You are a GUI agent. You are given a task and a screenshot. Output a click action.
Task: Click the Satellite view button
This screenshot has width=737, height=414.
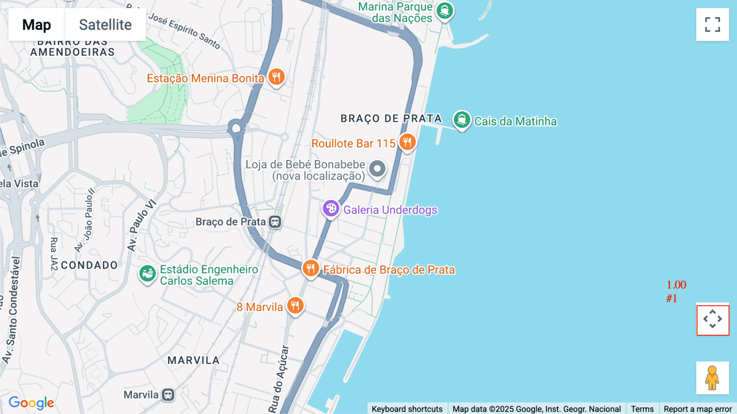pos(105,25)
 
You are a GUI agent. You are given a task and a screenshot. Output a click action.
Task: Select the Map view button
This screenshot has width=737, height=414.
pos(36,25)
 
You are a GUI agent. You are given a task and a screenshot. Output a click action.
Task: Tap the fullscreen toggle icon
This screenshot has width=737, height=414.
pos(712,25)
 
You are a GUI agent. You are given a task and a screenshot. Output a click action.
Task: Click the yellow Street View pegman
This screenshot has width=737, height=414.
pos(712,378)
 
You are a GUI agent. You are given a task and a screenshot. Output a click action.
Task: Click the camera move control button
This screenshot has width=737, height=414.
pos(712,319)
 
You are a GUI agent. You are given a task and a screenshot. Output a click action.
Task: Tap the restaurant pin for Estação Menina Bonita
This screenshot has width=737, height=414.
pos(276,77)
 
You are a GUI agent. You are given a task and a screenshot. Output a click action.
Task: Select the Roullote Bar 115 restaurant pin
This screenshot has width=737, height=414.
pos(407,142)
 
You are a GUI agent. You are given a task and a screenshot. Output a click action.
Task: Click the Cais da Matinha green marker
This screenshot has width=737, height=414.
pos(462,120)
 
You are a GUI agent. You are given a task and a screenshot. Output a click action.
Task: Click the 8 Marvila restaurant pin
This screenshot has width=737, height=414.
pos(295,306)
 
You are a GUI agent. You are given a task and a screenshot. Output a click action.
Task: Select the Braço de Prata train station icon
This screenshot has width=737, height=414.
pos(275,222)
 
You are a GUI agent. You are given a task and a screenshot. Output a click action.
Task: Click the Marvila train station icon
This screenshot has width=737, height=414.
pos(168,395)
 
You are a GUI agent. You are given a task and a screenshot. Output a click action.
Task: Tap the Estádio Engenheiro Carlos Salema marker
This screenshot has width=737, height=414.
pos(147,273)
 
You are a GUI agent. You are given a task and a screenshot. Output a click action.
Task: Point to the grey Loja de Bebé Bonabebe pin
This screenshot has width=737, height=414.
pos(377,169)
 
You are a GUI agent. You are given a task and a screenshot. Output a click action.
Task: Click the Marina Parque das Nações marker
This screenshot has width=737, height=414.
pos(444,11)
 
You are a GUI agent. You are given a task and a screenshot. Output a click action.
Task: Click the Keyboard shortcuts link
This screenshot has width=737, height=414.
pos(407,409)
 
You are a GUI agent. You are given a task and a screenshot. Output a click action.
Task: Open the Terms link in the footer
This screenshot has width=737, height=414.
pos(642,409)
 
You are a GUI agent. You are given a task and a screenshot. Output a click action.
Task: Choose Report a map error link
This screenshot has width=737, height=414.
pos(698,409)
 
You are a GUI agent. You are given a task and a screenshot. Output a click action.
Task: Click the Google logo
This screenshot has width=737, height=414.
pos(31,403)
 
